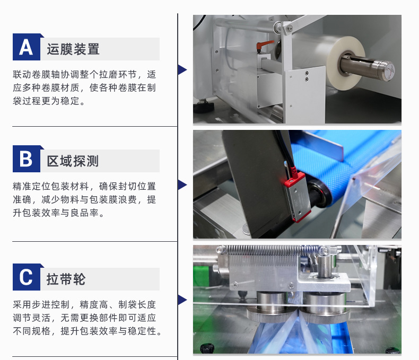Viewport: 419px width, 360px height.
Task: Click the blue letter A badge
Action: click(27, 47)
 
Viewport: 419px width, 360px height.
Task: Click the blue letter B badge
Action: click(27, 159)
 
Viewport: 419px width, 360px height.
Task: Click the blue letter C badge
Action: click(27, 277)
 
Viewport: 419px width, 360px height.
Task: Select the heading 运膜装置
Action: click(73, 49)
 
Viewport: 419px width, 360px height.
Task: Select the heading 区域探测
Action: click(73, 161)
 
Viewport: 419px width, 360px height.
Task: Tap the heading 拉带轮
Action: click(66, 279)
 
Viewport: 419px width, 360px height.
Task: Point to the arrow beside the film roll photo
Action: click(182, 69)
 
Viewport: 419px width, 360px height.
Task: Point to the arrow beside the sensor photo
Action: click(182, 185)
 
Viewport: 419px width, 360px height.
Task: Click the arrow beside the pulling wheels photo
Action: click(182, 300)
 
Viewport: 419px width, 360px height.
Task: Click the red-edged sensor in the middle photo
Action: click(298, 197)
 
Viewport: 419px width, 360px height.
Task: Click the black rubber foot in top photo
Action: click(204, 107)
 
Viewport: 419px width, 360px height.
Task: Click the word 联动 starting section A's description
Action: click(22, 74)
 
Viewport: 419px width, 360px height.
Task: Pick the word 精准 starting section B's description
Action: click(22, 186)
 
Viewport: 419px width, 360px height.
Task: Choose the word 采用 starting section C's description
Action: click(22, 304)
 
